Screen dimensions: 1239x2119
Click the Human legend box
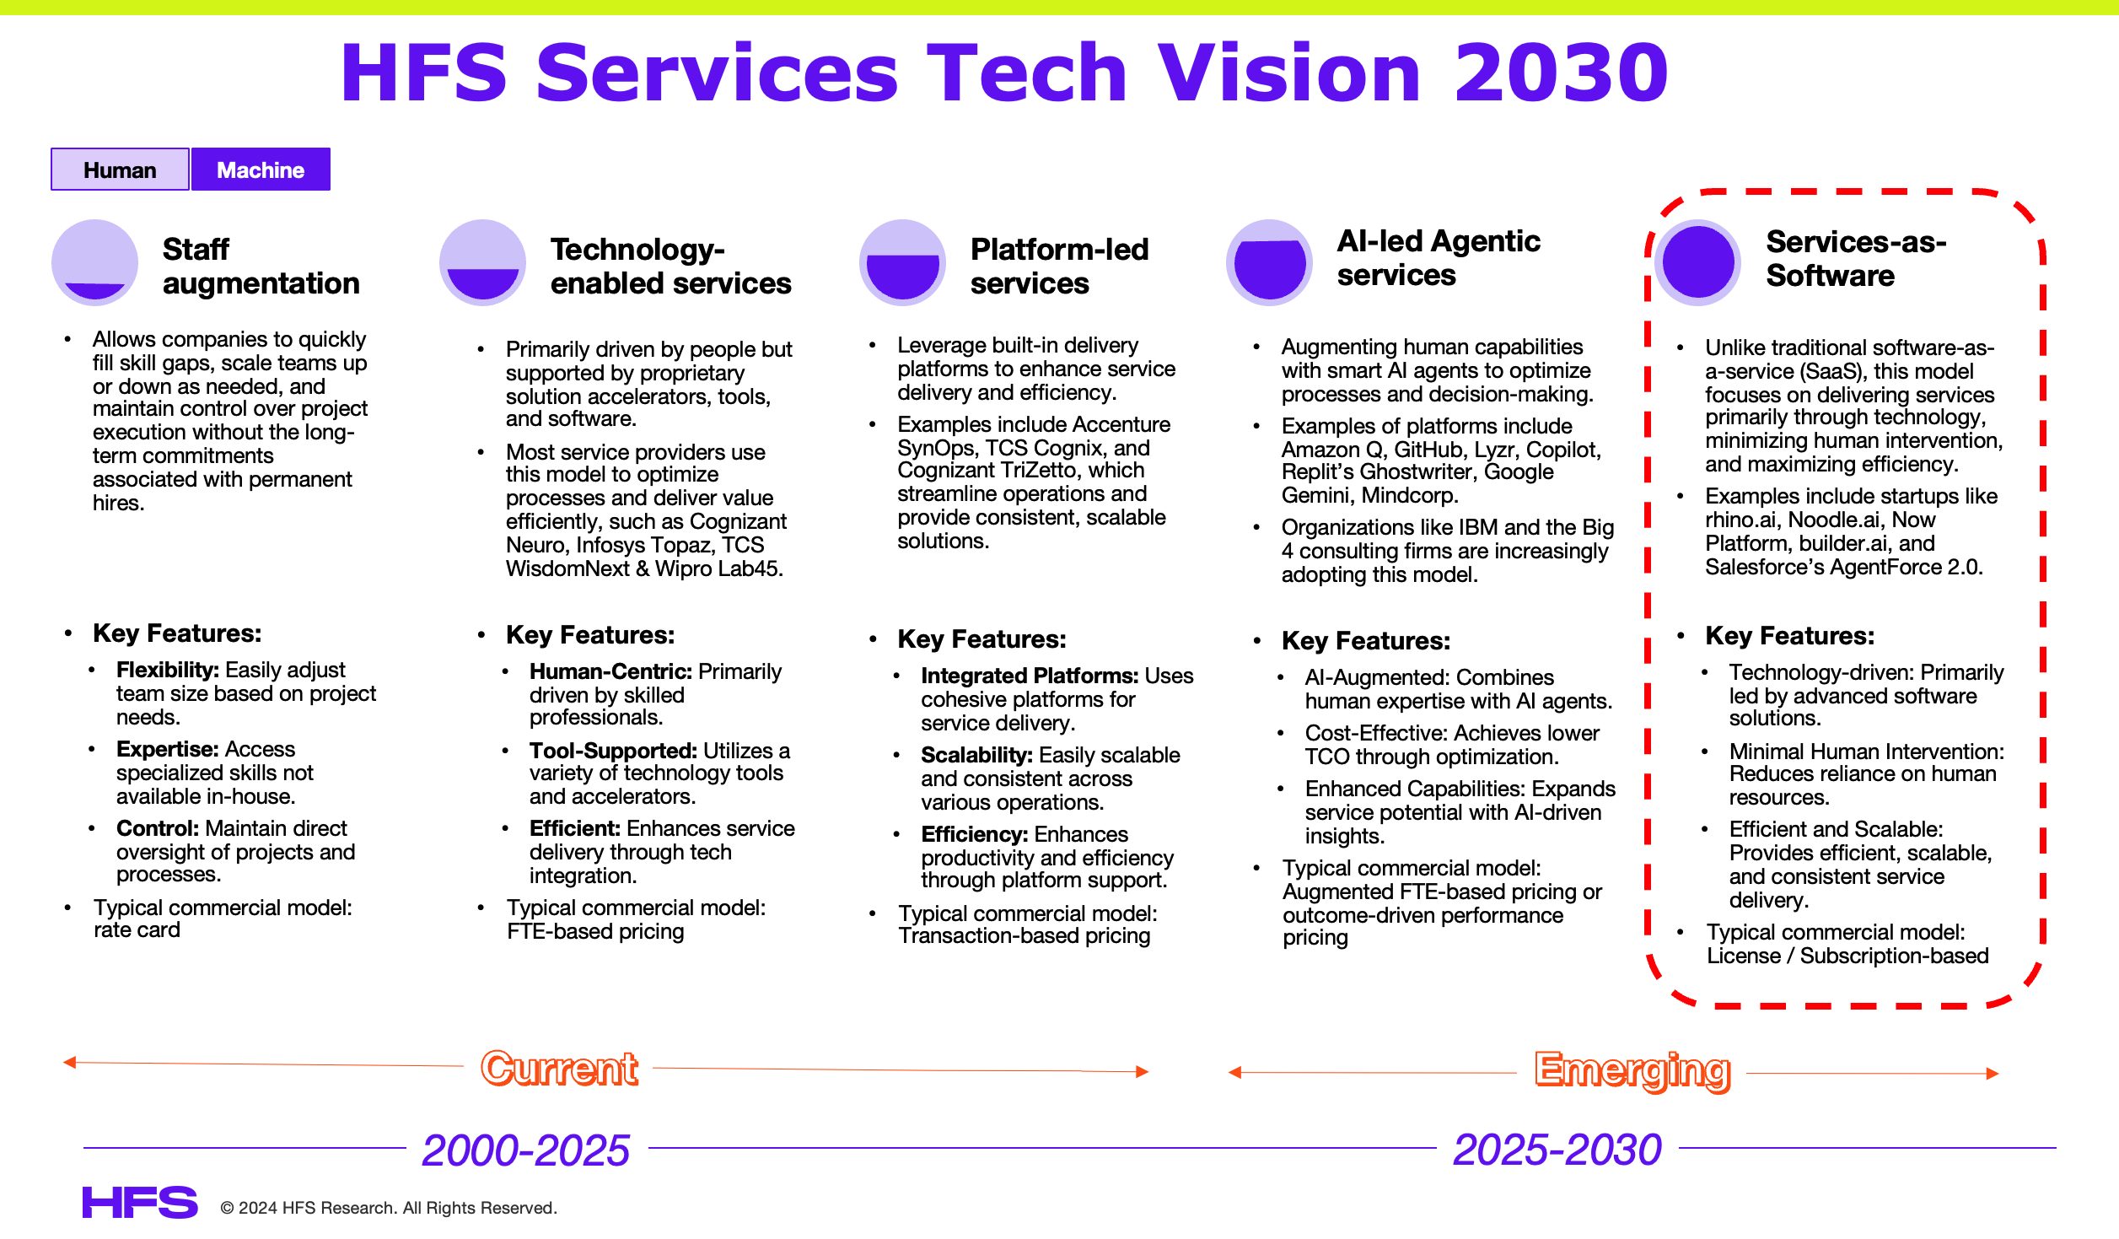120,170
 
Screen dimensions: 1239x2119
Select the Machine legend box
261,170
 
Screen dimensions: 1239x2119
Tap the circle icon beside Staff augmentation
94,262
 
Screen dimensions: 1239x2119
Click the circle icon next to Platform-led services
902,262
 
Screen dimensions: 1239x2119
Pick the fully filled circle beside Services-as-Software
1697,261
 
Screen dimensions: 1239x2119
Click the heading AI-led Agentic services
1438,257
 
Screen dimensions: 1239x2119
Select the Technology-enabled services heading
670,266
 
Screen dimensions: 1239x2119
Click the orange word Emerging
1632,1070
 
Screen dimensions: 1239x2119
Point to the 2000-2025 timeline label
525,1150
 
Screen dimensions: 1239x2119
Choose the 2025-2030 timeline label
1557,1149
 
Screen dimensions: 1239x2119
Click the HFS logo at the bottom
140,1202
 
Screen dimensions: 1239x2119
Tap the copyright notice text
389,1208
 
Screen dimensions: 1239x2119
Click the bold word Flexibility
167,670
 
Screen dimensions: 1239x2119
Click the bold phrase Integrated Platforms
1029,676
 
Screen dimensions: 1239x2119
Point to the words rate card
137,929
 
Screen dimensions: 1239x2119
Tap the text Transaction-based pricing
1024,935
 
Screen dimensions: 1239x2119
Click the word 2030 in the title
1561,73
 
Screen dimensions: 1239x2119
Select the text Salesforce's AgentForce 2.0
1843,567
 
